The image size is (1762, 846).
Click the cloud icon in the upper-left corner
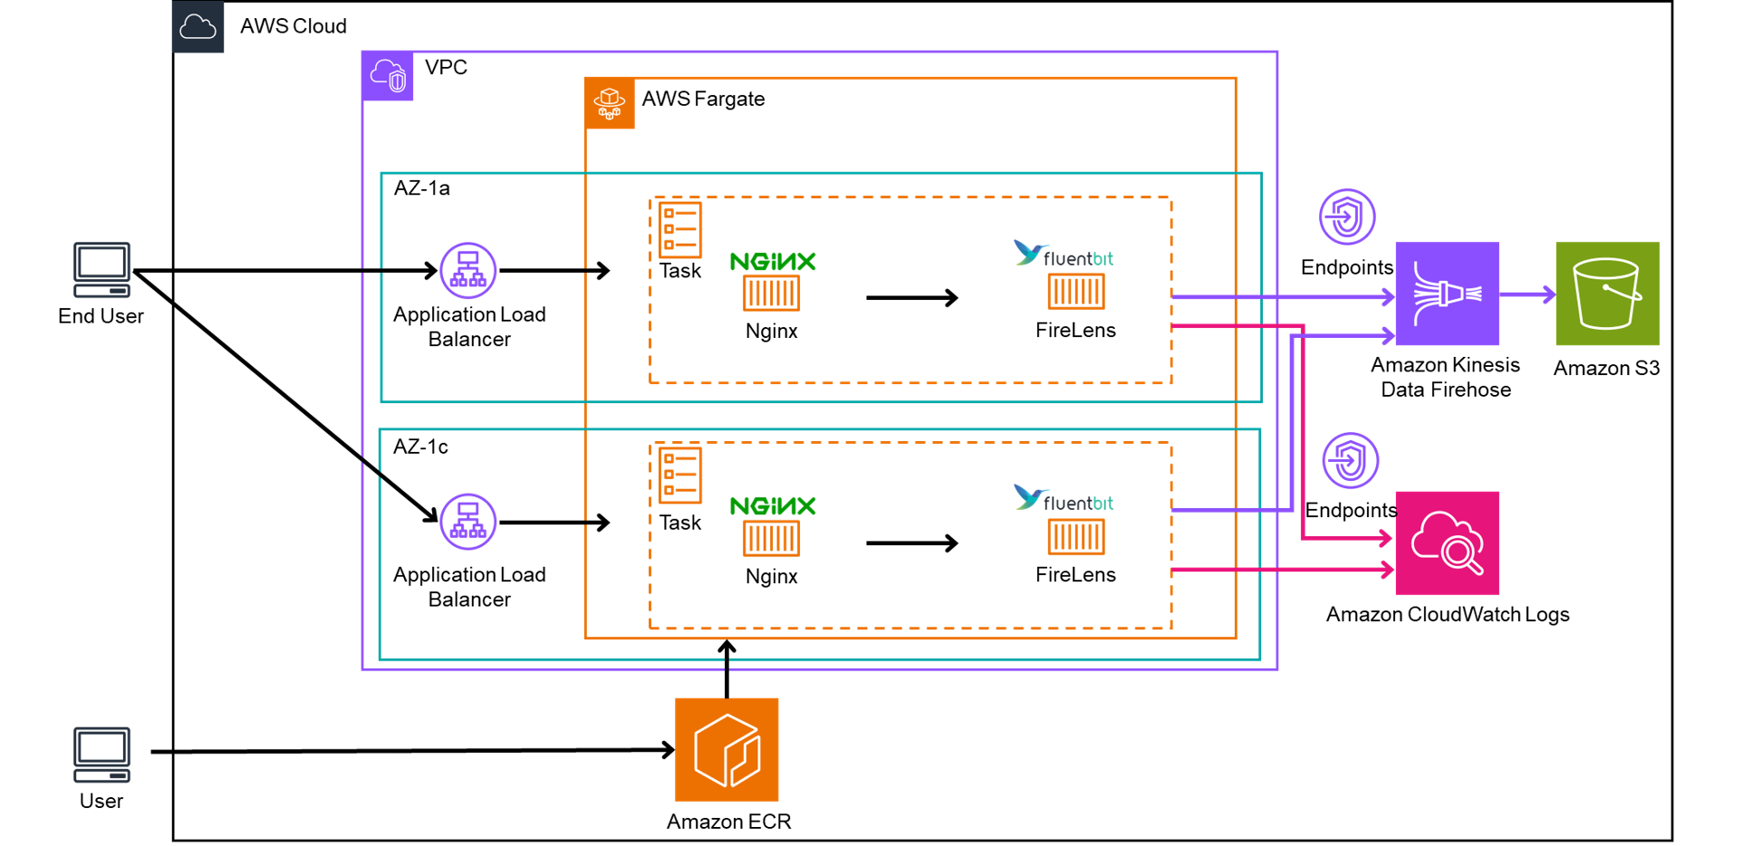point(197,27)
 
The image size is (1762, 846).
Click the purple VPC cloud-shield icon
point(388,76)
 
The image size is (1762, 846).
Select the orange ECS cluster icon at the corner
point(610,103)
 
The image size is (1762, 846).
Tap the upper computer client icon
point(102,270)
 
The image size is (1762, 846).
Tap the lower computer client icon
point(102,754)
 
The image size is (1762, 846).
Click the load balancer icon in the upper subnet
point(468,270)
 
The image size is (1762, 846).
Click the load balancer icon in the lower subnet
point(468,522)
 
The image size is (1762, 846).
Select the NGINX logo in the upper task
point(773,262)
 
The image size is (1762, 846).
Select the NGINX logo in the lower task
point(773,506)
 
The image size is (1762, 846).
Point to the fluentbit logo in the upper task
point(1064,254)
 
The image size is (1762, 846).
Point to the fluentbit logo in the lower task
point(1064,498)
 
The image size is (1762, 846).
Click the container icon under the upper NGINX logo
point(772,293)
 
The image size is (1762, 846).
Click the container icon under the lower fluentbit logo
point(1076,537)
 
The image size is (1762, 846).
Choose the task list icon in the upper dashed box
point(680,229)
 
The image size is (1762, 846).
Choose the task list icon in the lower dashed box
point(680,475)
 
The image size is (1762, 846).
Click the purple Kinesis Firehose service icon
point(1447,293)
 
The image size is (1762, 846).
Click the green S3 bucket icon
point(1607,293)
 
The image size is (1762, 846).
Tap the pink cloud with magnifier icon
point(1447,543)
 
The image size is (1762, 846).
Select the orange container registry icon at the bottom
point(727,749)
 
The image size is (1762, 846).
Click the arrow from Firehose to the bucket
point(1527,294)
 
